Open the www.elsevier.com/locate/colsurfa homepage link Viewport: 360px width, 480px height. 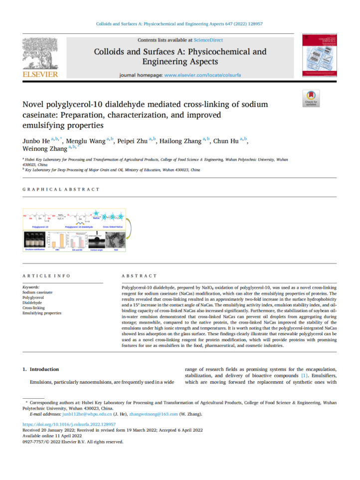[202, 75]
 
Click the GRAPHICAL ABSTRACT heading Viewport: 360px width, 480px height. [61, 190]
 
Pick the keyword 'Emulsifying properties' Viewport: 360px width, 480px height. [42, 313]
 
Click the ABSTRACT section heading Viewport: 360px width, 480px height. [139, 276]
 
